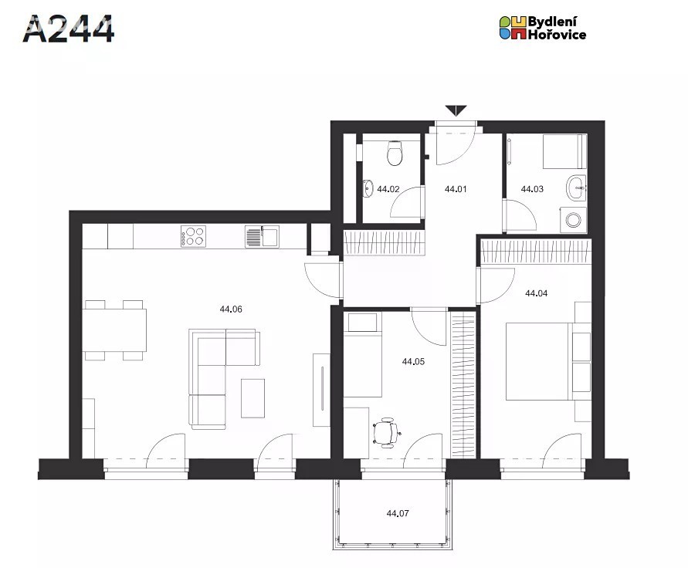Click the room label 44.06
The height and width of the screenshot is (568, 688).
coord(231,309)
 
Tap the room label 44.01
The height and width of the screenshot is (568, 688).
coord(456,189)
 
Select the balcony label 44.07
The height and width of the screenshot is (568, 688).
coord(398,513)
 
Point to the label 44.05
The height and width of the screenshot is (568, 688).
coord(413,362)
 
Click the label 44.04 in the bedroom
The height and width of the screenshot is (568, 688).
coord(536,293)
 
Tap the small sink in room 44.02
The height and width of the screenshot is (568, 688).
coord(368,189)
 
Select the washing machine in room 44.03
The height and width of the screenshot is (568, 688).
coord(573,220)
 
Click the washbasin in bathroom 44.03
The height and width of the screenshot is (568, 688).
coord(576,188)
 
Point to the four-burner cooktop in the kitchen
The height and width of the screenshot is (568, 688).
coord(194,236)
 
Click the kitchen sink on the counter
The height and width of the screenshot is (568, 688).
coord(262,236)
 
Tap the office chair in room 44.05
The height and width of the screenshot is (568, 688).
coord(387,433)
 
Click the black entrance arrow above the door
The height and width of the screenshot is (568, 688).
coord(456,110)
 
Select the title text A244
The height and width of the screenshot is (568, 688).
coord(69,29)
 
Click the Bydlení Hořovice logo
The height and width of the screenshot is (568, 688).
coord(543,28)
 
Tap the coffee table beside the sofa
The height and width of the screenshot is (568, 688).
coord(252,398)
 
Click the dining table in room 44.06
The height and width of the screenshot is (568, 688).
coord(114,330)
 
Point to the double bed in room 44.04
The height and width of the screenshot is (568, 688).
coord(539,361)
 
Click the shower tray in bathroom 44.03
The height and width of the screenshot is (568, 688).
coord(564,151)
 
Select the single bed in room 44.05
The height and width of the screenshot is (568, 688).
coord(362,354)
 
